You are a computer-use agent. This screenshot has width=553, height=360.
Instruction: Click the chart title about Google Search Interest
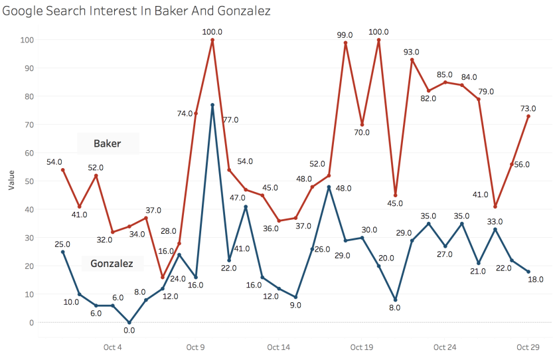click(137, 11)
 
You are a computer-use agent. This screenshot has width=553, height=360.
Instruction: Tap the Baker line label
click(107, 143)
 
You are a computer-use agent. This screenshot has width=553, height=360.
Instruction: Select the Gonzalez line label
click(112, 264)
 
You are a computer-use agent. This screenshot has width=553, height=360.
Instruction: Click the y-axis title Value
click(11, 180)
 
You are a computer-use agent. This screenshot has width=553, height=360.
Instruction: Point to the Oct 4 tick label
click(113, 347)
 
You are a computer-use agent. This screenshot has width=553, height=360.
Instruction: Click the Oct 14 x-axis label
click(279, 347)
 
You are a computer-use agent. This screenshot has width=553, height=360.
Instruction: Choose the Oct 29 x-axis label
click(528, 347)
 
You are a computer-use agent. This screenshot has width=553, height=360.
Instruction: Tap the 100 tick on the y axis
click(27, 40)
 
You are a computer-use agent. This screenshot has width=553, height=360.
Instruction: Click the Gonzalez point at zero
click(129, 322)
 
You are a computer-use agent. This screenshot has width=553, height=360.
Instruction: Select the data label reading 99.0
click(345, 35)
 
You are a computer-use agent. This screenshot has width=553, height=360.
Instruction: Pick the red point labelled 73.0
click(528, 116)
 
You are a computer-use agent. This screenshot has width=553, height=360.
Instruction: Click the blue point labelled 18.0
click(528, 272)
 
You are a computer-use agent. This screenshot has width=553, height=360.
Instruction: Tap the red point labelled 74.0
click(196, 114)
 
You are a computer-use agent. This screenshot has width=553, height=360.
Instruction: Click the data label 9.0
click(296, 306)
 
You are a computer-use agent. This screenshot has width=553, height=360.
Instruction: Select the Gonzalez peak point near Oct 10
click(212, 105)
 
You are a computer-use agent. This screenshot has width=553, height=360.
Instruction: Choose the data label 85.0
click(445, 74)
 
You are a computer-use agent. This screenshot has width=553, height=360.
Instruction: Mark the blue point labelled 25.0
click(63, 252)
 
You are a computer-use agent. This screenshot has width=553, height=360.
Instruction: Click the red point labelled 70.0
click(362, 125)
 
